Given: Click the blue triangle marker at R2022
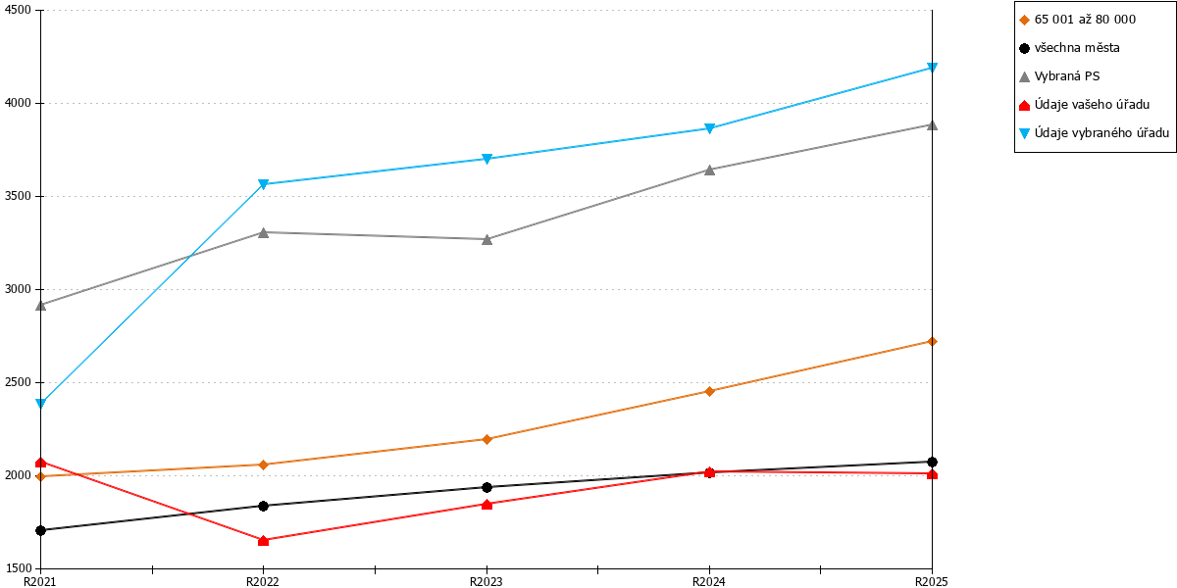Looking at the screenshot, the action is coord(264,184).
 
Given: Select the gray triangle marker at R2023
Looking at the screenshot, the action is coord(487,239).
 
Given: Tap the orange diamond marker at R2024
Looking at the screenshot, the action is coord(709,391).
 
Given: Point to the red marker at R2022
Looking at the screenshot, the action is coord(264,540).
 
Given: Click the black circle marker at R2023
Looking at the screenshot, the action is coord(487,487).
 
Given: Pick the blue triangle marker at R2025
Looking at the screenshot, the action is coord(932,68).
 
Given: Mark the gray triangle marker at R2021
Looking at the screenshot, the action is coord(41,305).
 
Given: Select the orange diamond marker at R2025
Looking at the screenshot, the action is coord(932,342).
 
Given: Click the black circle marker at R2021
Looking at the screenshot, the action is coord(41,530).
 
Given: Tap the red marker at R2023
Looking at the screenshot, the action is coord(487,504).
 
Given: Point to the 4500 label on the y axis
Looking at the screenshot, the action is coord(19,10).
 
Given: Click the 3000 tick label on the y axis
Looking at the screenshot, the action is coord(19,289).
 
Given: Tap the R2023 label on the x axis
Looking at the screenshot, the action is coord(486,582).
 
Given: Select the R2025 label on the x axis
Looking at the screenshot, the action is coord(932,582).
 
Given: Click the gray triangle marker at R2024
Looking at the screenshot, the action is coord(709,171).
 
